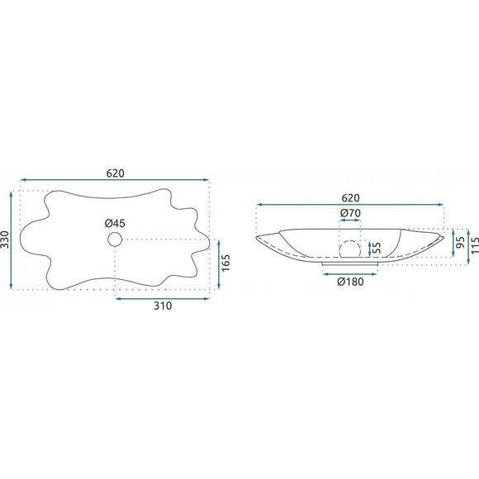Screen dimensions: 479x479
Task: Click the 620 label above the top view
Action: point(115,173)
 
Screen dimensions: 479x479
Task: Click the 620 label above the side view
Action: point(350,198)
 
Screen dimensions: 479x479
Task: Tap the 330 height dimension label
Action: point(5,239)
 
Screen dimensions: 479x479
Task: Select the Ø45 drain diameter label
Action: point(115,223)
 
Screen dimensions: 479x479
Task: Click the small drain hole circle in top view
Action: point(115,239)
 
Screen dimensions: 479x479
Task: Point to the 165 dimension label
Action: point(225,263)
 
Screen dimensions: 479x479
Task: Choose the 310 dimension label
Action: point(163,306)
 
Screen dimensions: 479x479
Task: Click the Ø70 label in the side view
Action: point(350,212)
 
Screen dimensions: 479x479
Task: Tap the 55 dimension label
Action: point(377,249)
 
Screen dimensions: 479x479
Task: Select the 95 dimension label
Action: point(461,242)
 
